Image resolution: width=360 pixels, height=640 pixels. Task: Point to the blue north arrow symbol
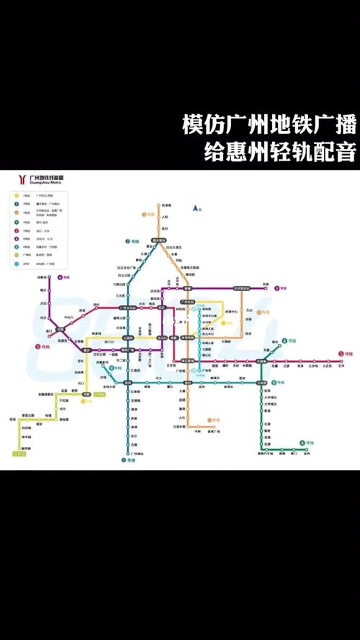pyautogui.click(x=195, y=208)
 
